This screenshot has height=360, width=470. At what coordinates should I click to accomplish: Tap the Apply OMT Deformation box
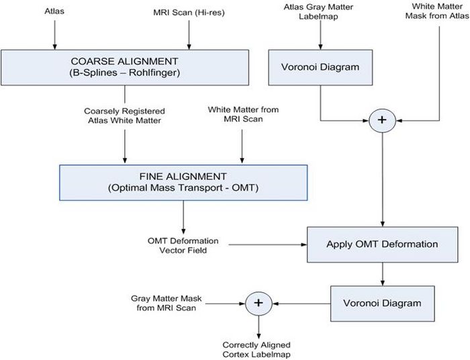383,243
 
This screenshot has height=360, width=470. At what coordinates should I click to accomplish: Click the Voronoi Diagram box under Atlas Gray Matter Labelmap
320,68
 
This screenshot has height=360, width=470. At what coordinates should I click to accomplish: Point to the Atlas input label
54,11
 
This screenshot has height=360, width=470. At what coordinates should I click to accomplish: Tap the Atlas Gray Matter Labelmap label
320,13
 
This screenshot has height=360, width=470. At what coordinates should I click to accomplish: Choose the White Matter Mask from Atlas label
436,13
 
